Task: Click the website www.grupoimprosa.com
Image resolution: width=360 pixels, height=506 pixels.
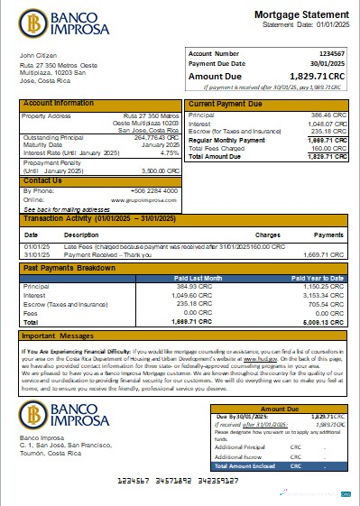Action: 149,199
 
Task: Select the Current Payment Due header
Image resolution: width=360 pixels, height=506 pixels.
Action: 226,105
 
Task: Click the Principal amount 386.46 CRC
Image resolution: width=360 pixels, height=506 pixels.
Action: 329,115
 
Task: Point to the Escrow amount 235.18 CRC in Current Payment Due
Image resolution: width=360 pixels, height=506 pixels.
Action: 329,132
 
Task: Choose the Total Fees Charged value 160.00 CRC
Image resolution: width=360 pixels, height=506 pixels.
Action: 329,149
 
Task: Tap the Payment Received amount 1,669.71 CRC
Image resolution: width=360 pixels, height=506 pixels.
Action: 326,254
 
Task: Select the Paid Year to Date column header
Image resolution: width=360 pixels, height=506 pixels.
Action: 316,278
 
